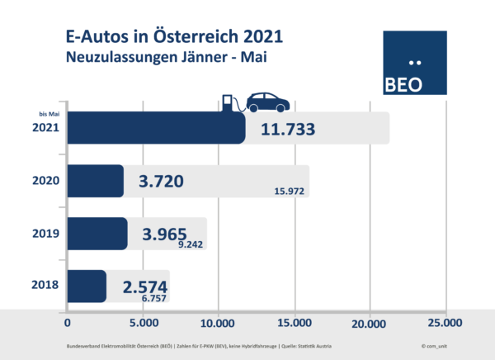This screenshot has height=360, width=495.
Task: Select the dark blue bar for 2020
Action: coord(95,181)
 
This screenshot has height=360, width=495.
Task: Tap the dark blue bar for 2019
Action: coord(97,234)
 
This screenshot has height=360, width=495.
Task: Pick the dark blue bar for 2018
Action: coord(86,286)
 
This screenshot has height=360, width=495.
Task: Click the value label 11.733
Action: coord(289,130)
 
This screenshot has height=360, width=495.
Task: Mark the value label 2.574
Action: coord(145,286)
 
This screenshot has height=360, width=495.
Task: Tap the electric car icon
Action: coord(265,102)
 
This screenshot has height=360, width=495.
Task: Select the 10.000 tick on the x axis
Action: coord(218,322)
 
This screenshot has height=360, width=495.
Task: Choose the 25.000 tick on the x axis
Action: coord(444,322)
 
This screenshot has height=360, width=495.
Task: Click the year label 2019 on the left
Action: coord(44,234)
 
